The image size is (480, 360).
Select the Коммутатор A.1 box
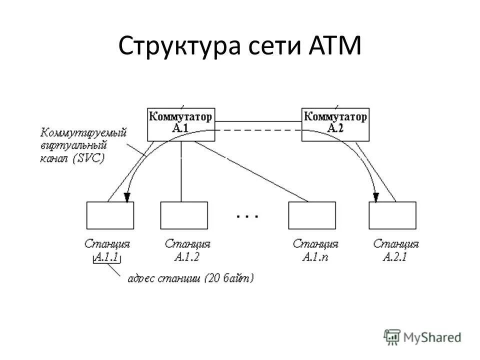(181, 123)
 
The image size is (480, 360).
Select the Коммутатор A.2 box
(335, 123)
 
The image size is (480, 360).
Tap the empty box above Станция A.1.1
(110, 215)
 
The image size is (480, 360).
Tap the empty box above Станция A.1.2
(183, 215)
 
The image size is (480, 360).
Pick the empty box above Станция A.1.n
(311, 215)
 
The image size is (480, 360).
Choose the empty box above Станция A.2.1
(392, 215)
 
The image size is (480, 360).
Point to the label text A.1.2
(187, 257)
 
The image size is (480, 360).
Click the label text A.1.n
(315, 257)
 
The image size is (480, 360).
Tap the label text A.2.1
(396, 257)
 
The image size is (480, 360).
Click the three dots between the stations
(247, 216)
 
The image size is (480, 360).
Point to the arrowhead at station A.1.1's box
(127, 197)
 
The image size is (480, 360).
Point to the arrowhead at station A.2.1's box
(376, 197)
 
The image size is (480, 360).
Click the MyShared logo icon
(392, 337)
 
